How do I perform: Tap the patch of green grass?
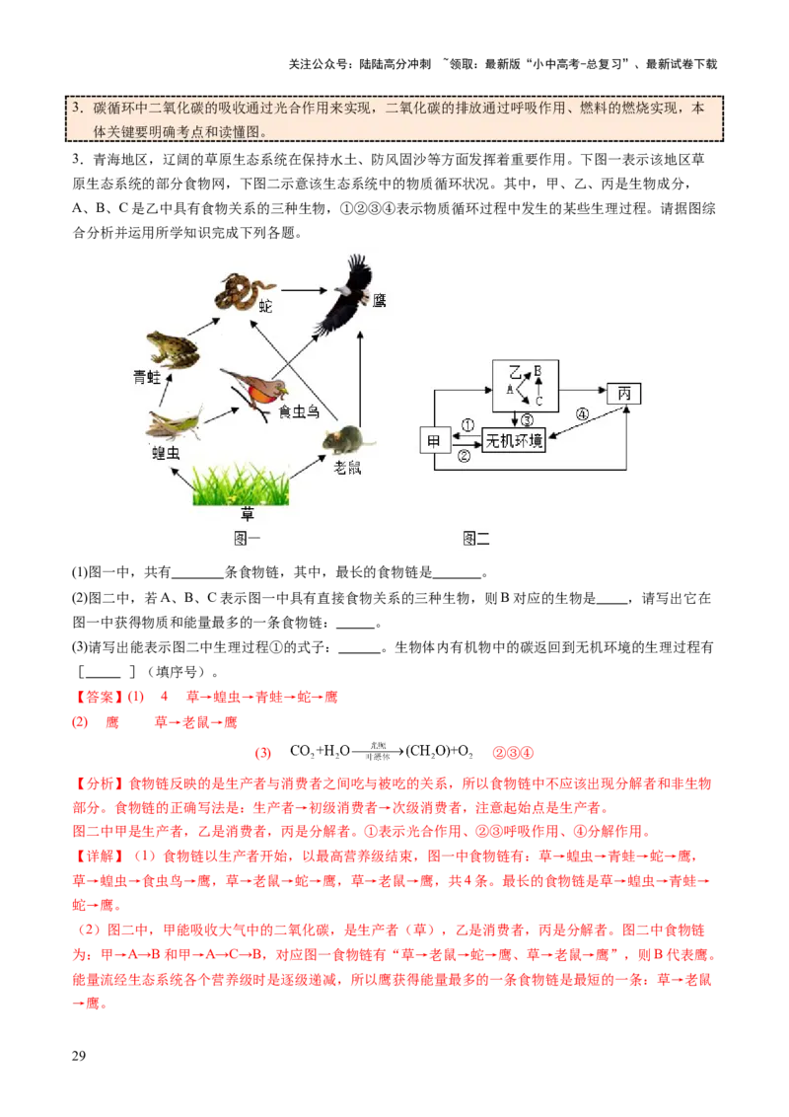coord(240,484)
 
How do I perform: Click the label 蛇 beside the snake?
coord(265,307)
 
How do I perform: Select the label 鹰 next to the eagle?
coord(380,300)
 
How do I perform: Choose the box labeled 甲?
coord(434,440)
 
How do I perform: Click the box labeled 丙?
coord(623,392)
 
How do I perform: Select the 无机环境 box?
coord(513,440)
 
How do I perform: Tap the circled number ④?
coord(582,414)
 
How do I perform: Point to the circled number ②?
coord(464,455)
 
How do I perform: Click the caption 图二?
coord(476,538)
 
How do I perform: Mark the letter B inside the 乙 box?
coord(538,371)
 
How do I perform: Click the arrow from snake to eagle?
coord(301,290)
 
